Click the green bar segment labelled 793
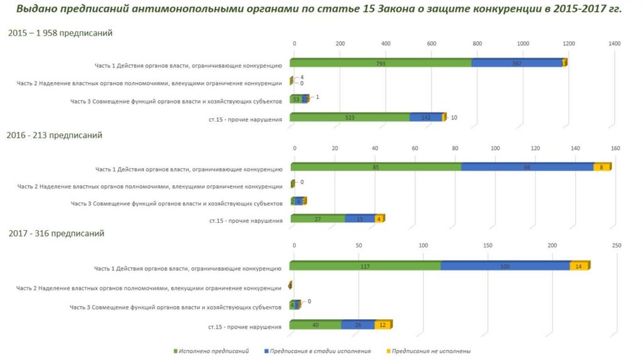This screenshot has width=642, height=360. tap(381, 63)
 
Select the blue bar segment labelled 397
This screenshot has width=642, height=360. tap(517, 63)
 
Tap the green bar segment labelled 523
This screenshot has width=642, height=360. tap(349, 117)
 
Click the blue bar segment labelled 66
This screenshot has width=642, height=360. tap(527, 167)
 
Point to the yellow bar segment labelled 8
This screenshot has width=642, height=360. tap(602, 167)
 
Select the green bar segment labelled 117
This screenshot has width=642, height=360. tap(365, 267)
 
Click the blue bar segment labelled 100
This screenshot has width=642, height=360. tap(505, 267)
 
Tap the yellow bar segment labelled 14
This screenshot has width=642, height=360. tap(579, 267)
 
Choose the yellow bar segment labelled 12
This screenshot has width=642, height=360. tap(383, 325)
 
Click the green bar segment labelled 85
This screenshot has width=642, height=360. tap(376, 167)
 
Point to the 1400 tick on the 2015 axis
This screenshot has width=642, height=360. tap(614, 43)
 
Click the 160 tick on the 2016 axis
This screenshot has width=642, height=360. tap(615, 148)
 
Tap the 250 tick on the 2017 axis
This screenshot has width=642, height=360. tap(616, 245)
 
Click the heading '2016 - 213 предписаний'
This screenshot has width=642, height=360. tap(55, 135)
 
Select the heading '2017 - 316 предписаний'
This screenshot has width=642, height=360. tap(56, 233)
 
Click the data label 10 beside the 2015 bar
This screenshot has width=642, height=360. tap(454, 117)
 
